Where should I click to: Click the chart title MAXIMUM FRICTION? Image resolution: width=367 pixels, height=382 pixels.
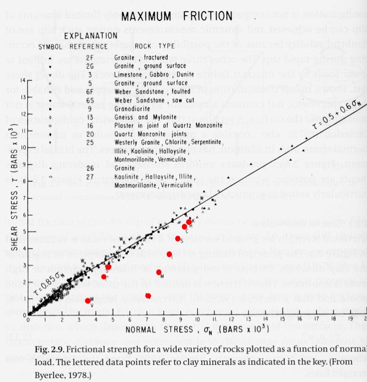[177, 16]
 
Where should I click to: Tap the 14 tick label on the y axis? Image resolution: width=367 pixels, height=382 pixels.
[23, 80]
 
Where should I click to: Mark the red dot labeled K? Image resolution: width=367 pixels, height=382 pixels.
[189, 222]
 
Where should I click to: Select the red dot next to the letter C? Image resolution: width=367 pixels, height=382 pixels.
[184, 227]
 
